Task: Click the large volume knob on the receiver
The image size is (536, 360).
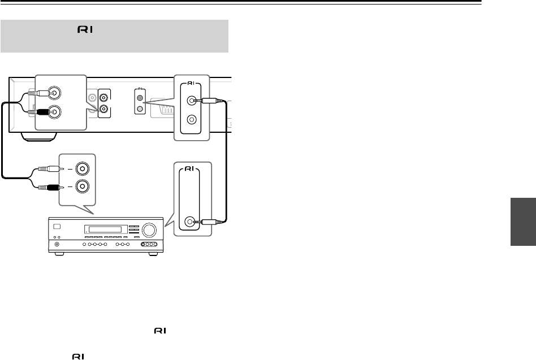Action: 149,231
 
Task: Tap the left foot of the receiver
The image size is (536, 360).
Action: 58,254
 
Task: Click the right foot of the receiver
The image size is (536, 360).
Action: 152,254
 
